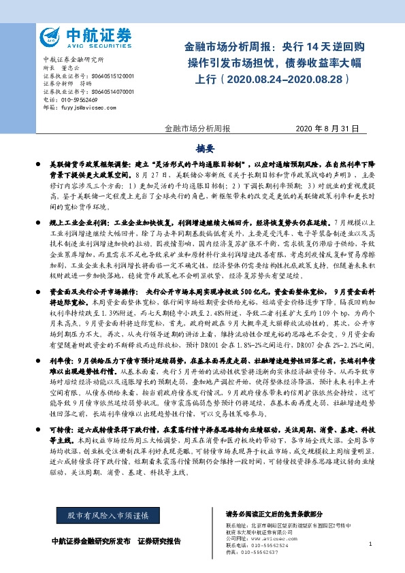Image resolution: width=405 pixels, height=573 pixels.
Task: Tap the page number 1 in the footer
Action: [x=370, y=544]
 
